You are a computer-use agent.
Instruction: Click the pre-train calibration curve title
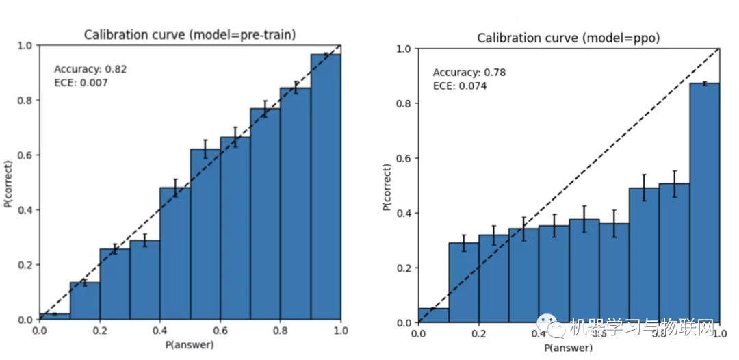(x=190, y=35)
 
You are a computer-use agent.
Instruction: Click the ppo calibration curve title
(x=569, y=38)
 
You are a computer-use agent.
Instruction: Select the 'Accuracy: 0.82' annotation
(x=90, y=69)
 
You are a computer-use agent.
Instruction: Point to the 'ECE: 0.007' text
(x=81, y=83)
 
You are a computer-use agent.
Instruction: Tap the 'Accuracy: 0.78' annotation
(x=469, y=73)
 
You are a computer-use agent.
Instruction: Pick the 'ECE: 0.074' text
(x=460, y=86)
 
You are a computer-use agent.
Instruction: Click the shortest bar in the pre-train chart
(x=55, y=316)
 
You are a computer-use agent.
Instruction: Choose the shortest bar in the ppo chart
(x=433, y=316)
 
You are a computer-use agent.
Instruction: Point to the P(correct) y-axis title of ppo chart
(x=387, y=185)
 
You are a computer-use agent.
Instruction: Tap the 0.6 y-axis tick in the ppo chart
(x=404, y=158)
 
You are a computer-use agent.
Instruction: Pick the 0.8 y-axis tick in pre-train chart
(x=25, y=100)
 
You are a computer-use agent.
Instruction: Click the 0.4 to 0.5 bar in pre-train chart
(x=175, y=253)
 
